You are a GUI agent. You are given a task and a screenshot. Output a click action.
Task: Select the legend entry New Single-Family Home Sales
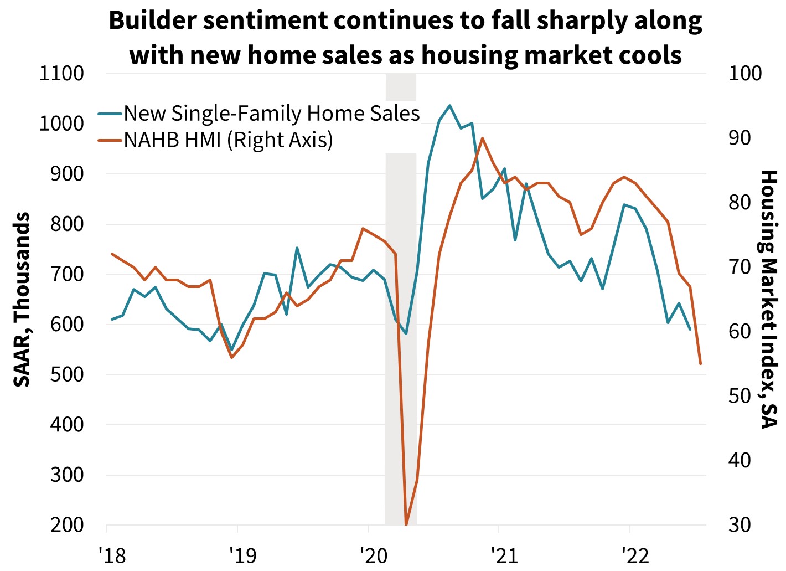pyautogui.click(x=271, y=113)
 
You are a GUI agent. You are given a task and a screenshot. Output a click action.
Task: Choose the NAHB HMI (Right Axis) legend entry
pyautogui.click(x=228, y=140)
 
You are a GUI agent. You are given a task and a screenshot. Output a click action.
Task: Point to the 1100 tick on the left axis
pyautogui.click(x=61, y=73)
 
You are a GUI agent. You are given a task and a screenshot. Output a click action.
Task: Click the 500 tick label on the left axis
pyautogui.click(x=67, y=374)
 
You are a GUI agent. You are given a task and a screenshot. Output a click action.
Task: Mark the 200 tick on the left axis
pyautogui.click(x=67, y=525)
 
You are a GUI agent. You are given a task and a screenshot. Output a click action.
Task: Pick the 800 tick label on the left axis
pyautogui.click(x=67, y=224)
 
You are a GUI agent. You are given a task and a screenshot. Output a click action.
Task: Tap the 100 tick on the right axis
pyautogui.click(x=744, y=73)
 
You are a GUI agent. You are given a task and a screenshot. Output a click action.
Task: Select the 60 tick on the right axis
pyautogui.click(x=740, y=331)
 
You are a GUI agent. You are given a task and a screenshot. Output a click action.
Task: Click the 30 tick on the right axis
pyautogui.click(x=740, y=525)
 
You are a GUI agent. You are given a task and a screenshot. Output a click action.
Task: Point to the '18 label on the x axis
pyautogui.click(x=112, y=555)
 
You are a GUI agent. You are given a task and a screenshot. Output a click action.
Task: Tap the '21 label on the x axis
pyautogui.click(x=504, y=555)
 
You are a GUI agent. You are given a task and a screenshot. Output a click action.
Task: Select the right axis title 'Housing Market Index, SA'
pyautogui.click(x=769, y=299)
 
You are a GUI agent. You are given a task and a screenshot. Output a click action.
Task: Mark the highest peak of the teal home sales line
pyautogui.click(x=449, y=105)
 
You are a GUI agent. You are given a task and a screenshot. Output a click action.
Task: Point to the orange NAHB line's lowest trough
pyautogui.click(x=406, y=523)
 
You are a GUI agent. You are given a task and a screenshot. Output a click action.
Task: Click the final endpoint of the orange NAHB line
pyautogui.click(x=700, y=364)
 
